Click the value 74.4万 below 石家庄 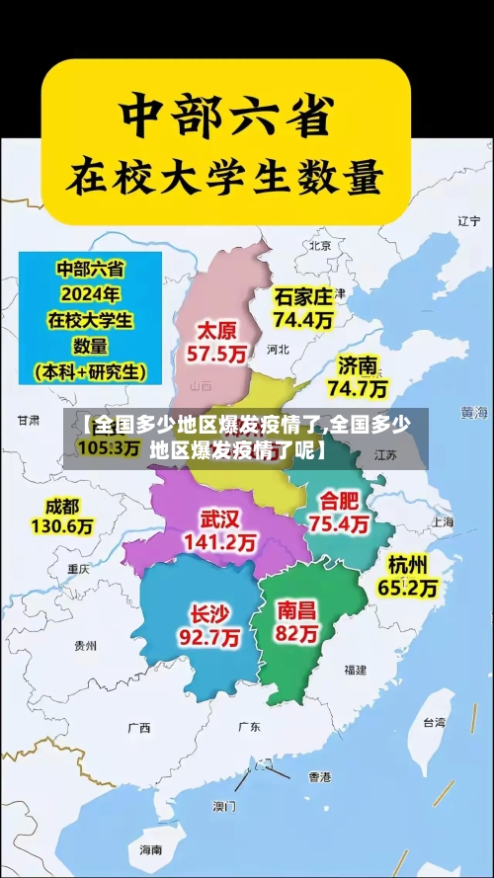click(x=303, y=320)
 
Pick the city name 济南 click(x=358, y=365)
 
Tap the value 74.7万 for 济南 click(x=358, y=388)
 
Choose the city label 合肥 click(x=340, y=501)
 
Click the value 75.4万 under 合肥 click(x=340, y=524)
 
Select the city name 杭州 click(x=408, y=564)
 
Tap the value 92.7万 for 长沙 click(x=208, y=638)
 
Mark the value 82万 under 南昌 click(x=297, y=635)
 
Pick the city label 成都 click(x=62, y=506)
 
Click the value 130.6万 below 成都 click(x=62, y=527)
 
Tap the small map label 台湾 click(x=434, y=722)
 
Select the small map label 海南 click(x=150, y=849)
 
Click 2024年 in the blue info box click(x=90, y=294)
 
